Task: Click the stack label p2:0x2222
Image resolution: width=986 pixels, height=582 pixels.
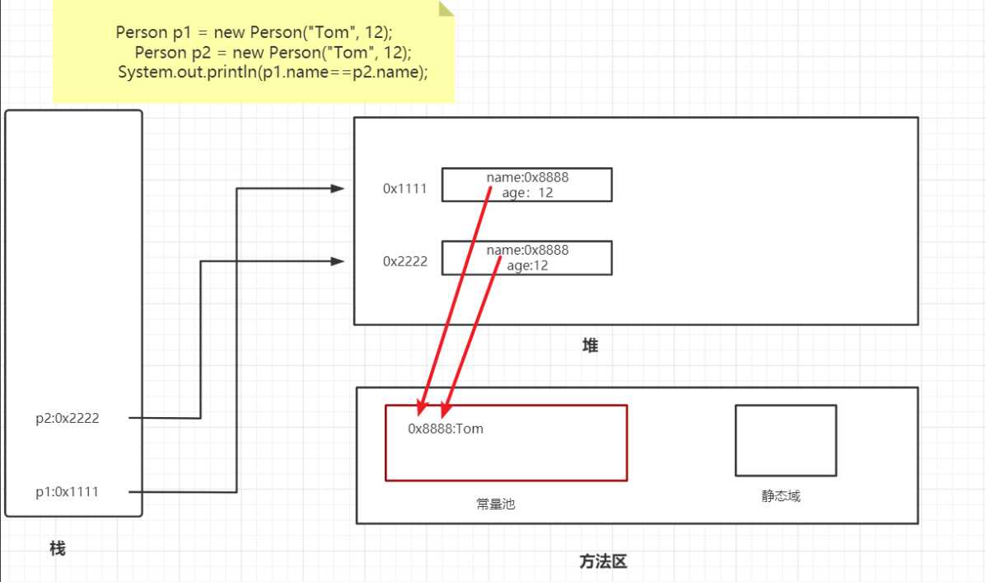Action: pos(67,418)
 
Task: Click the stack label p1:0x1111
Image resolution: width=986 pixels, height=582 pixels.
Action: pos(67,492)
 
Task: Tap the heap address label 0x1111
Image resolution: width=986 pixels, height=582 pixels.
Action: pos(404,188)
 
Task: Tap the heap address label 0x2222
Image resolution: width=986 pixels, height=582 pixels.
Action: pos(404,261)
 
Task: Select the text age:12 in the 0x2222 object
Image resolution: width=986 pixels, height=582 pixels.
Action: pos(528,265)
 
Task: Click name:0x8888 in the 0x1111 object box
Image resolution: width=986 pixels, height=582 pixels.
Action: pos(528,177)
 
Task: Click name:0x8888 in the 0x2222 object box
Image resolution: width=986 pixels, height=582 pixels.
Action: pos(528,250)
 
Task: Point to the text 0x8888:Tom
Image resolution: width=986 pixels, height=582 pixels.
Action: pos(446,429)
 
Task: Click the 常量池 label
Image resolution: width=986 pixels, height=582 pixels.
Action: pos(495,504)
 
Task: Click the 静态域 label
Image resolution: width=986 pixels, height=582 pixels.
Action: pos(780,496)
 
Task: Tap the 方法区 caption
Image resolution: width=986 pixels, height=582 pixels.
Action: pos(603,562)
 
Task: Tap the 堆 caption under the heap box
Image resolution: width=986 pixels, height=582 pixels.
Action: pos(590,346)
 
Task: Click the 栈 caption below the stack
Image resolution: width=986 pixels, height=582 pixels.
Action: pos(57,548)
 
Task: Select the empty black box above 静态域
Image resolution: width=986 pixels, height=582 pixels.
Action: pos(785,440)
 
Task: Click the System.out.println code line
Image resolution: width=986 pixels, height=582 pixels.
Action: pos(273,73)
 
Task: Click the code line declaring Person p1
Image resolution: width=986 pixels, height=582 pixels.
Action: pos(255,33)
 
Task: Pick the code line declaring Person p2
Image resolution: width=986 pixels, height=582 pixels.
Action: pos(273,53)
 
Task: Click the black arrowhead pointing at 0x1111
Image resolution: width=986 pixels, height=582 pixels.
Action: pos(337,189)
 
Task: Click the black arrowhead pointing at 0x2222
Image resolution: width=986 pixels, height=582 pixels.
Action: pos(337,261)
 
